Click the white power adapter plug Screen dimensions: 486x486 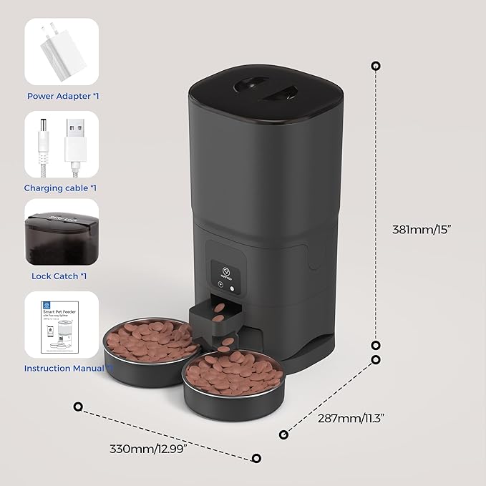(61, 54)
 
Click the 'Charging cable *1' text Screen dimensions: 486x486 (60, 188)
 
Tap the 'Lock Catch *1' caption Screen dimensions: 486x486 (60, 276)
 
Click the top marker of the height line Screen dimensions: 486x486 (376, 66)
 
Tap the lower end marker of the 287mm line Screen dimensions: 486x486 (284, 434)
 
